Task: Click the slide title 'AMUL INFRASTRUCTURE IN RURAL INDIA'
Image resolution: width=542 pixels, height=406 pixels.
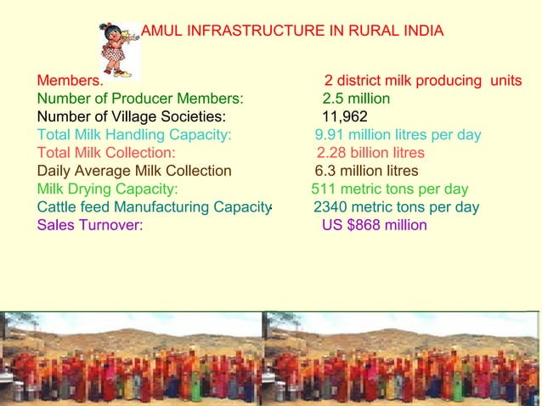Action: point(291,32)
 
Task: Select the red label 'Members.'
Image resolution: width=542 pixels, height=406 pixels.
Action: point(70,81)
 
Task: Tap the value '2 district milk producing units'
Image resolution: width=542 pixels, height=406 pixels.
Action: point(422,81)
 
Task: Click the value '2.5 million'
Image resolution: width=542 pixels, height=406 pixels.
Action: point(356,99)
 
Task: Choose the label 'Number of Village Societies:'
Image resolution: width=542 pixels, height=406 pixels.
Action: point(131,116)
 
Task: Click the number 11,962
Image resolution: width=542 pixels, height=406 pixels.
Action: point(344,116)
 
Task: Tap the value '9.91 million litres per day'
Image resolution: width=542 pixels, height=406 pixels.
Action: point(398,135)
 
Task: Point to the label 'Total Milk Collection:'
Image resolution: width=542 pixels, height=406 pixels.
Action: point(106,153)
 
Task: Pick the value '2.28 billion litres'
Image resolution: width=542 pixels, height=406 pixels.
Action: point(370,153)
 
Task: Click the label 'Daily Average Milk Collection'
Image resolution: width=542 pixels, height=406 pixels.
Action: point(133,171)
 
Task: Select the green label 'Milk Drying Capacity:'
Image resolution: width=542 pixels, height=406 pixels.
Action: point(107,189)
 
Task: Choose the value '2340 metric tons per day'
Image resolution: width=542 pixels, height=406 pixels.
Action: point(396,207)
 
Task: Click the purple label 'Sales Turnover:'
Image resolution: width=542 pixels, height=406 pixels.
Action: point(89,225)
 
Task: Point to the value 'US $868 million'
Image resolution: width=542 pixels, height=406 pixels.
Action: point(374,225)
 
